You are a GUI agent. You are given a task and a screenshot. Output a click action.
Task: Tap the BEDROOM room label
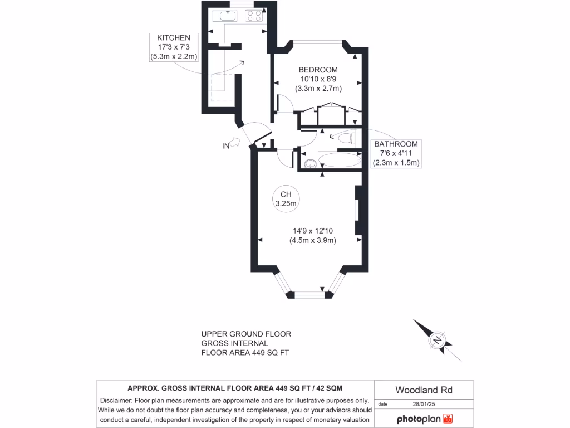point(318,70)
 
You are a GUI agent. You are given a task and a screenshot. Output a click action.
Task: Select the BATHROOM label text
point(396,144)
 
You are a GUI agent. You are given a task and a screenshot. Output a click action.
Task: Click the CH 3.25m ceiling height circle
point(286,199)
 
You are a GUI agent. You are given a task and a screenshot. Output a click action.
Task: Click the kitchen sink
point(227,16)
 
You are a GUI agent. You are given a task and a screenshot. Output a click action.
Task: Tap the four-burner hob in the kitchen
point(254,16)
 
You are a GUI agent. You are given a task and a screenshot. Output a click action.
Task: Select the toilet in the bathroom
point(346,137)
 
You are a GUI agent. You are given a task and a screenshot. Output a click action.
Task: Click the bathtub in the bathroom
point(338,160)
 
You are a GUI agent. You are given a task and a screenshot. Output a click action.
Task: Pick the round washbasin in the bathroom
point(309,163)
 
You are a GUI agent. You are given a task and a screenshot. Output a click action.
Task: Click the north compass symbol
point(438,340)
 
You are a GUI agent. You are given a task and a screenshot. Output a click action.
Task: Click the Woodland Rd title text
point(424,390)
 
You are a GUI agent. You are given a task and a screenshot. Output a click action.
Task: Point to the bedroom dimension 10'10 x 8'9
point(318,79)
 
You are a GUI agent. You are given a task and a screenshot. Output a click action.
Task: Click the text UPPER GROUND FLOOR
point(246,334)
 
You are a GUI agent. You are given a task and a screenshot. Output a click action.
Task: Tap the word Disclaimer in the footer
point(116,400)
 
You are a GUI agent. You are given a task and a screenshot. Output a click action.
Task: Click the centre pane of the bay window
point(309,294)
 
